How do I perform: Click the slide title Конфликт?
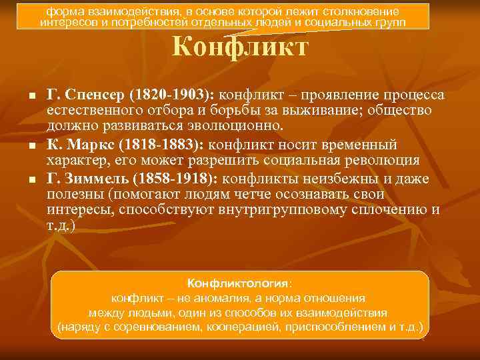pyautogui.click(x=240, y=48)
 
